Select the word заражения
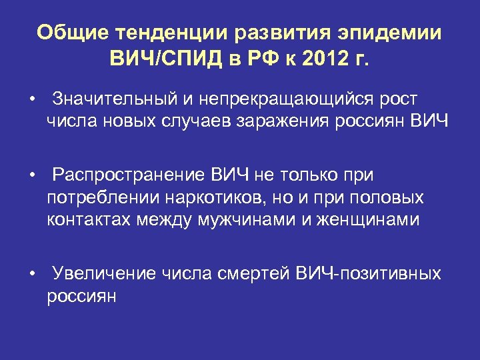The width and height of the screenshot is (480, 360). [x=309, y=121]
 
